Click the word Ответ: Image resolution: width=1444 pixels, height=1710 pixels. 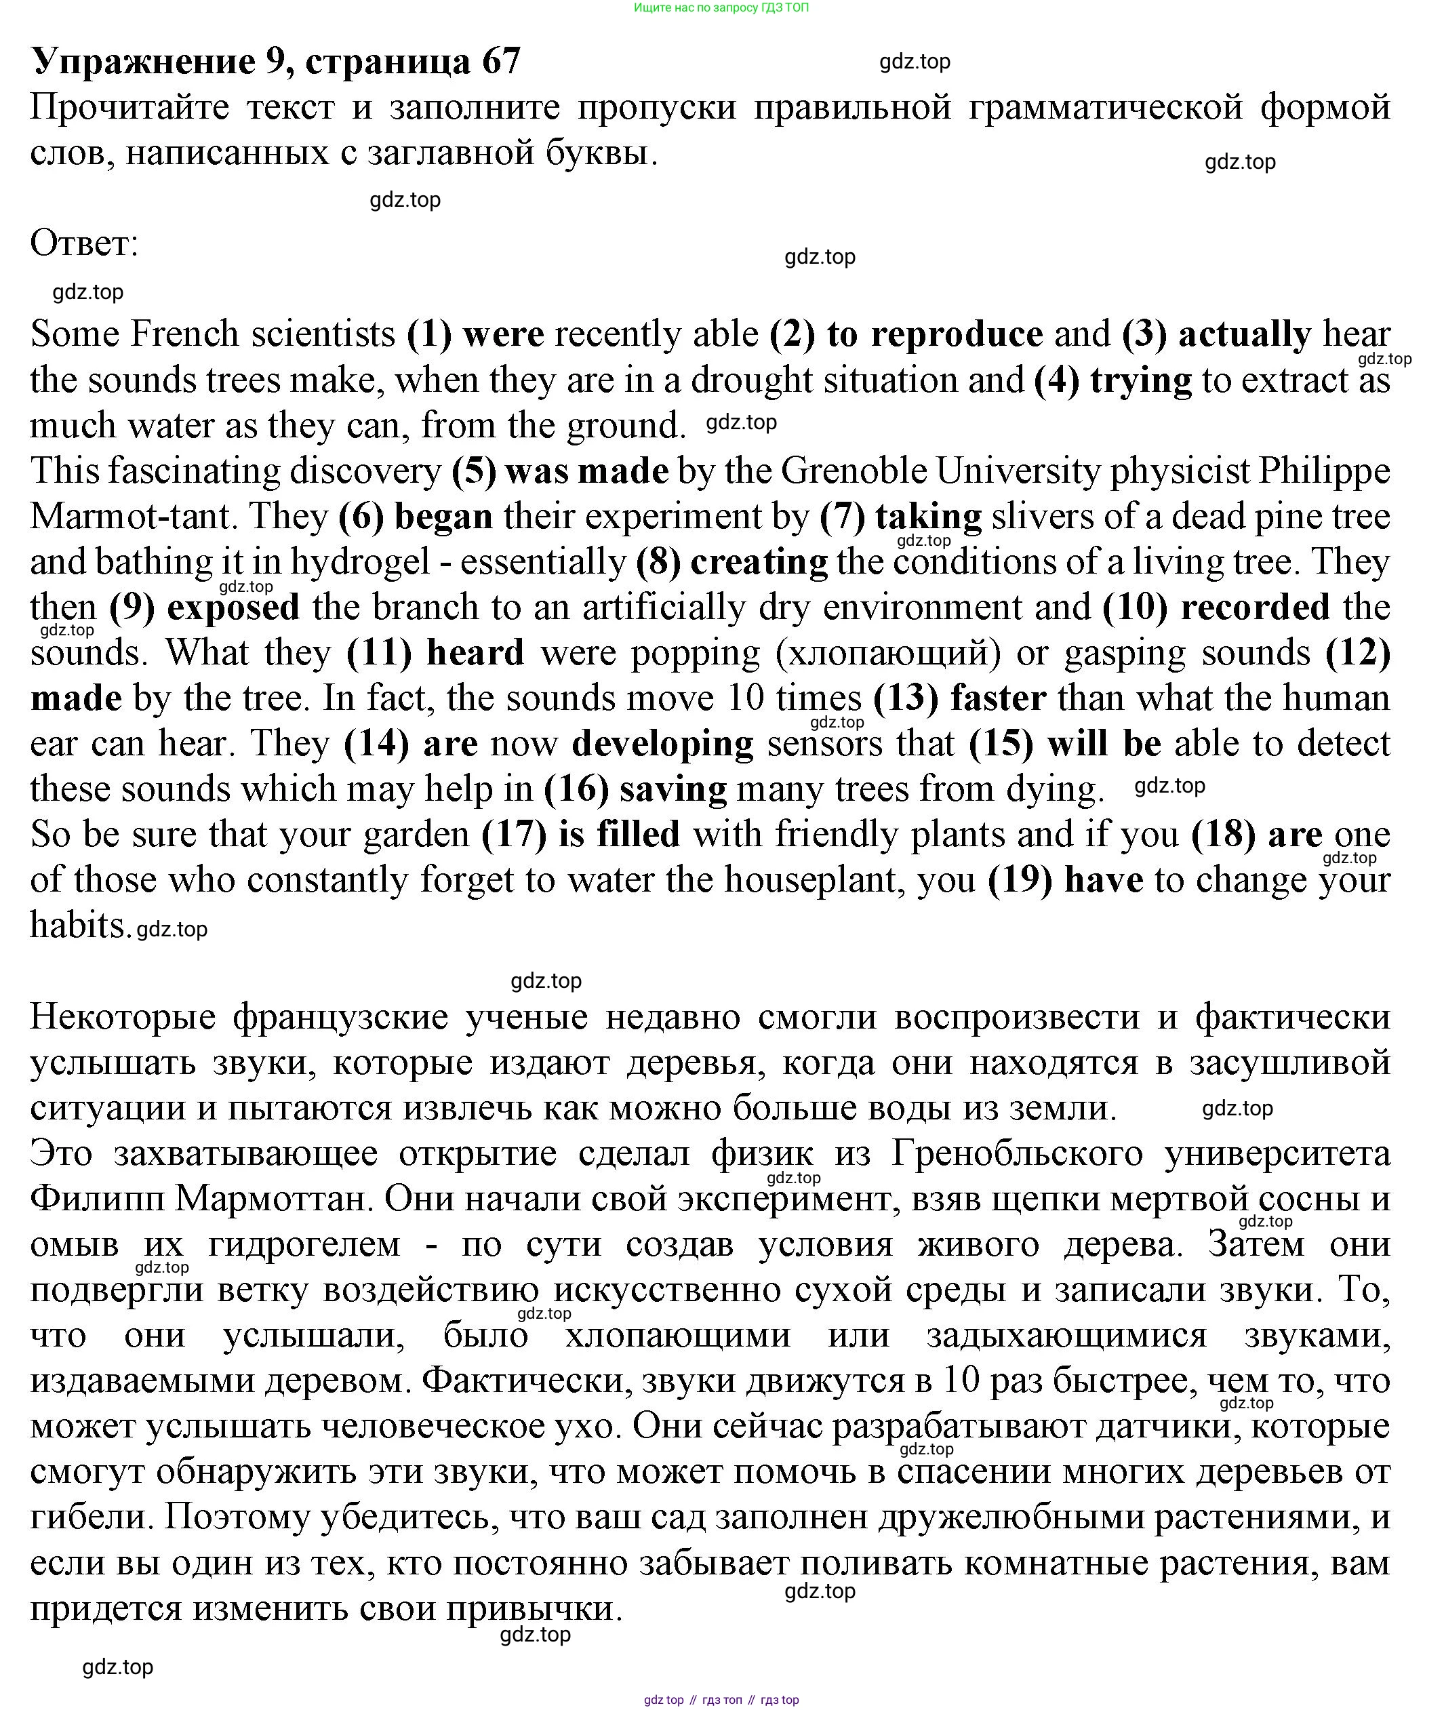pyautogui.click(x=84, y=243)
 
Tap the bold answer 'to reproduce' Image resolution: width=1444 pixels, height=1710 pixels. pyautogui.click(x=934, y=335)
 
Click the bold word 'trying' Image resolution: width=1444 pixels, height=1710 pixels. pyautogui.click(x=1140, y=380)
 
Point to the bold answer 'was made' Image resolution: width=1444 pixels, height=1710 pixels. pyautogui.click(x=587, y=471)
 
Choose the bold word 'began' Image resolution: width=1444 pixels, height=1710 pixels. pyautogui.click(x=443, y=517)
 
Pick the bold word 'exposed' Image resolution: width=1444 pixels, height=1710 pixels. pyautogui.click(x=233, y=608)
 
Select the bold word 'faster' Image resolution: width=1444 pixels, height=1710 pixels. pyautogui.click(x=998, y=698)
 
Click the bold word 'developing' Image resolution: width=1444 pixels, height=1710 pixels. pyautogui.click(x=662, y=744)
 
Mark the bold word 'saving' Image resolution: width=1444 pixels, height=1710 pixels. pyautogui.click(x=673, y=789)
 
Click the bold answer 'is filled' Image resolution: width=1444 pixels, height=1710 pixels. pyautogui.click(x=619, y=835)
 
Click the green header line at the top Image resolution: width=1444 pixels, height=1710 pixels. pyautogui.click(x=721, y=8)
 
